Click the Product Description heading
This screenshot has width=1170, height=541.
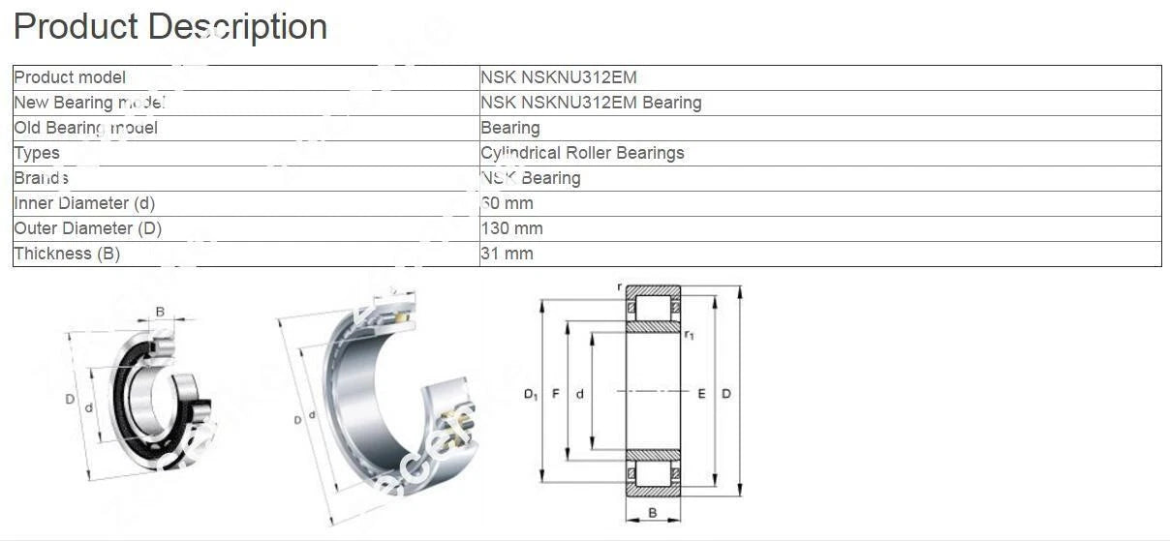170,26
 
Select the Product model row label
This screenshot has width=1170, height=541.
70,77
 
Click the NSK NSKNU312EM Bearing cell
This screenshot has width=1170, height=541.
591,103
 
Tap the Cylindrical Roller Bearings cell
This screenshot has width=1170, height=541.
582,153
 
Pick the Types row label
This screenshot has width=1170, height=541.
37,153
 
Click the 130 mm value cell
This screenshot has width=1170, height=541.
511,228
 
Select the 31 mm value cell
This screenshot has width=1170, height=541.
507,254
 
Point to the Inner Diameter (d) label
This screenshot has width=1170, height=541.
84,203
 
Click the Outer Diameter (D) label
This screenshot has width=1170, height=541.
87,228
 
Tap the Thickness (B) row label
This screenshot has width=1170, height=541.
67,254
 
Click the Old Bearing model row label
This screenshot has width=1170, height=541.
85,128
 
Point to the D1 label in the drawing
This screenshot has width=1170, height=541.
530,394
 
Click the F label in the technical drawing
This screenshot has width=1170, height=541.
555,394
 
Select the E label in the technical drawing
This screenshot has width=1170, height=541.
701,394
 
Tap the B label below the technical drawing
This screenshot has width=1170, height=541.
652,513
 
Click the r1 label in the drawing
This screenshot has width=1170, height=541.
689,335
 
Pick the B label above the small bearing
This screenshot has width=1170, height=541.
160,312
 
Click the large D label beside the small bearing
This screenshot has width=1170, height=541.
70,399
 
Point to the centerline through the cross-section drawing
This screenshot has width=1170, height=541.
652,391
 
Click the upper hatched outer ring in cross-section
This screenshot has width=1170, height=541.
652,290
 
